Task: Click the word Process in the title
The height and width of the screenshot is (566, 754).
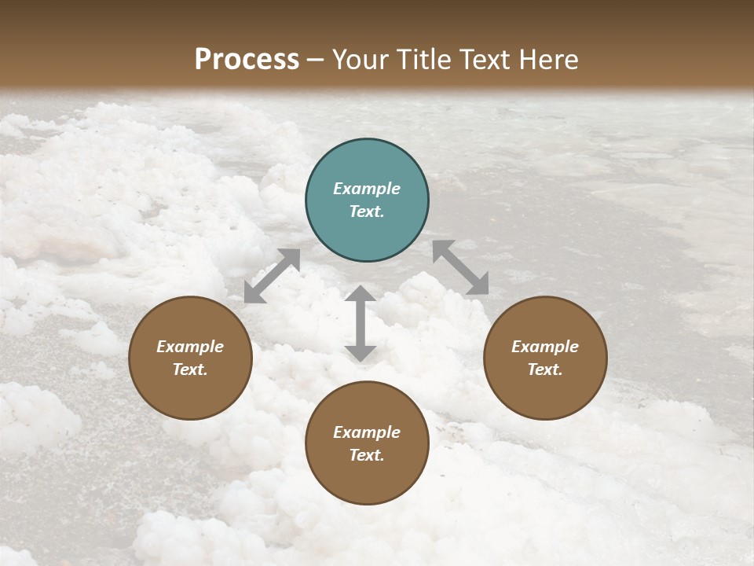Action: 247,60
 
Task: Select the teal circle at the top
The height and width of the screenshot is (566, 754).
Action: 367,200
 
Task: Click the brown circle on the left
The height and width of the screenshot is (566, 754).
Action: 190,358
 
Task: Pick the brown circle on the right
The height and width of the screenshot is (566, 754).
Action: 545,358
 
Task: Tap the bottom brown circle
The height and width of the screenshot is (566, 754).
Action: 367,443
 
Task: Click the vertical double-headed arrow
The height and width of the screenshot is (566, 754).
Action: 361,323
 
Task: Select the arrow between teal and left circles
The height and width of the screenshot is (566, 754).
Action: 272,276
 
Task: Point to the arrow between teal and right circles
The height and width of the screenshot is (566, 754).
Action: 460,267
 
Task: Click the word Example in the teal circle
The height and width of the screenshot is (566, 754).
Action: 367,189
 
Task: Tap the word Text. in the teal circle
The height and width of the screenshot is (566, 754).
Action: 367,211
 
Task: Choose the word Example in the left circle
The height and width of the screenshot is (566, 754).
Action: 190,347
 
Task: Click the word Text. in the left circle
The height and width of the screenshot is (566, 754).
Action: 190,369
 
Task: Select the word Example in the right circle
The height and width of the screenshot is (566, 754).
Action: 545,347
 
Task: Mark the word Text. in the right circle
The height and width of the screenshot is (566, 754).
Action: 545,369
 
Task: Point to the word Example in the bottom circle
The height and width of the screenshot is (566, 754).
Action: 367,432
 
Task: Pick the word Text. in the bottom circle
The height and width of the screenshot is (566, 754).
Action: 367,455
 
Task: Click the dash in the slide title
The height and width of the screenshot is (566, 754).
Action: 316,61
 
